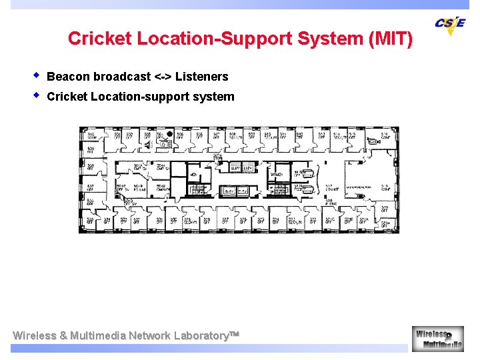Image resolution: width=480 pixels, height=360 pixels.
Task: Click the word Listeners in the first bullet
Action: pos(201,77)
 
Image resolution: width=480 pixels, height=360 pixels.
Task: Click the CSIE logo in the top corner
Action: pos(450,25)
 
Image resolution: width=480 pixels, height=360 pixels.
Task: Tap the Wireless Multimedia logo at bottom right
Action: pos(437,338)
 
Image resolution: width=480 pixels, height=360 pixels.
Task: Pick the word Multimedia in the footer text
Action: pos(98,335)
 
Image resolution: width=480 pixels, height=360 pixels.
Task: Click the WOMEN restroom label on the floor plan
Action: pos(276,175)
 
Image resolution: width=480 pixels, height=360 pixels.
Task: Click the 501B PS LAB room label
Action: pos(139,188)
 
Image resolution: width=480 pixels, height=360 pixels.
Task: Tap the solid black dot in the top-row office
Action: pos(170,134)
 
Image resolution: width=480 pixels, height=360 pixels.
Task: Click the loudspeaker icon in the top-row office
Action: pos(148,143)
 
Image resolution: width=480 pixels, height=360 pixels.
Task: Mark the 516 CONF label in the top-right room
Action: pos(385,135)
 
